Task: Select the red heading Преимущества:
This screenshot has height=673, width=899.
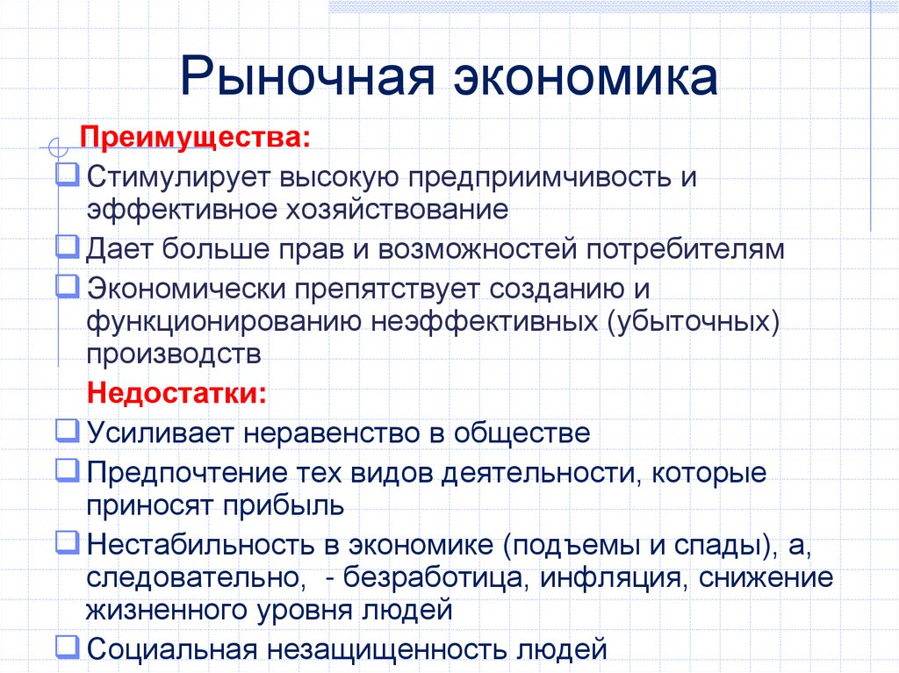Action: point(195,139)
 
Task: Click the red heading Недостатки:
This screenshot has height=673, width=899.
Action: point(176,392)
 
